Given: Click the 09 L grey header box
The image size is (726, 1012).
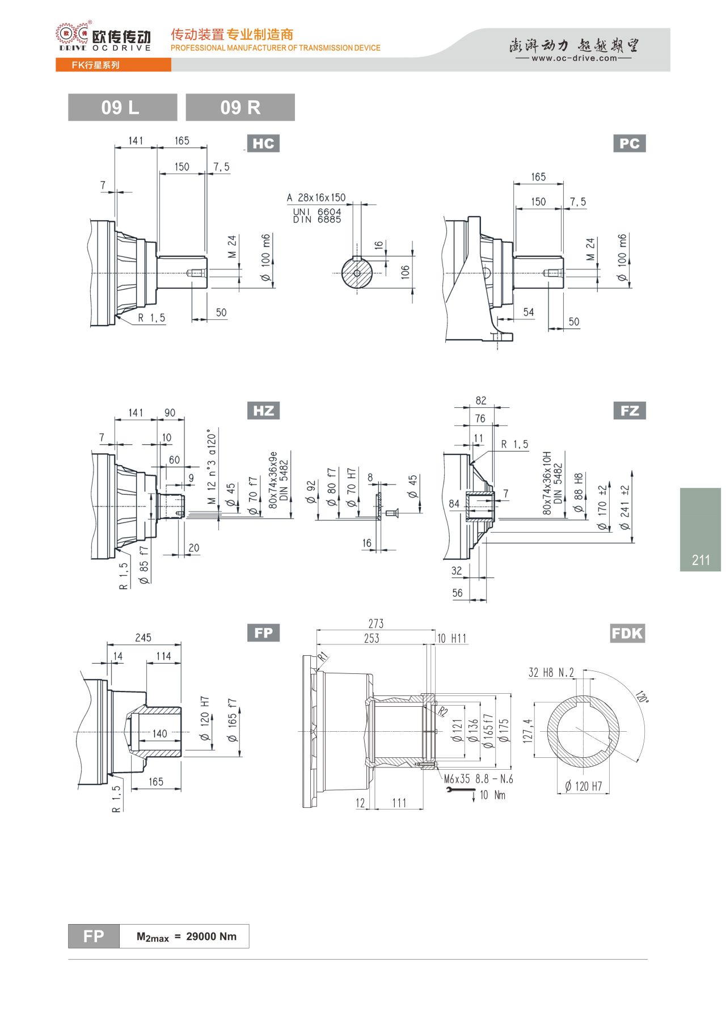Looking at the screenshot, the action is tap(123, 107).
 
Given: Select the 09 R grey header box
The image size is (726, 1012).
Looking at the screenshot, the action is tap(240, 107).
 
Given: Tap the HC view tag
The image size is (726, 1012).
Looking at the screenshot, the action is tap(263, 144).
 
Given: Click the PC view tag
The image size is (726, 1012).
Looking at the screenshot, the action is tap(630, 144).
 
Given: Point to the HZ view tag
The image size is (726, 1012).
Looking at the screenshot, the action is tap(263, 411).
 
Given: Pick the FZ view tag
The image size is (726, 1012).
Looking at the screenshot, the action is tap(630, 411).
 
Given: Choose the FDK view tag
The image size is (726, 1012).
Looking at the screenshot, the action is tap(627, 633).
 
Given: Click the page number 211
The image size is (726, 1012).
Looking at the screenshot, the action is tap(701, 560).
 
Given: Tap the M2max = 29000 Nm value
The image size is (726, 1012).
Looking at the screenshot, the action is tap(187, 937).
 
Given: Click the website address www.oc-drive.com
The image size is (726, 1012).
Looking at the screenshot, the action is tap(574, 58).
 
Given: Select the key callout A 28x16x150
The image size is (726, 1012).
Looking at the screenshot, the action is tap(316, 197).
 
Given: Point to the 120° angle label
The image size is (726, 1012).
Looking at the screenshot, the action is tap(641, 697).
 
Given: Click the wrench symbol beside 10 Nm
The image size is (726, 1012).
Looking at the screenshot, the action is tap(461, 791).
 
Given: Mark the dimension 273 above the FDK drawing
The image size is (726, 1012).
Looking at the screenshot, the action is tap(376, 623).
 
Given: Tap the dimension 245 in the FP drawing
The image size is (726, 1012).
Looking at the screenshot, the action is tap(143, 638).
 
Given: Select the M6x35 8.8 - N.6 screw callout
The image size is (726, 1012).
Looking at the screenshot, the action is tap(478, 779).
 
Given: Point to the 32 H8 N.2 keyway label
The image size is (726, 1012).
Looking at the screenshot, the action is tap(551, 673).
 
